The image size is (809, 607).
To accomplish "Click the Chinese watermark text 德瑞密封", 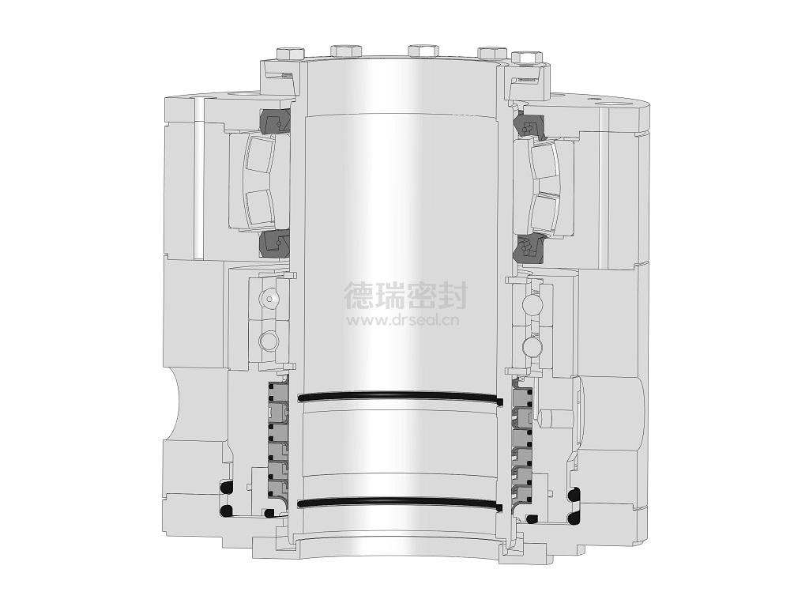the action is tap(405, 295).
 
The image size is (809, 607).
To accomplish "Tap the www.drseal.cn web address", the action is tap(403, 321).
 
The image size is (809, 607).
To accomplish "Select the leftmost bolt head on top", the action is tap(289, 53).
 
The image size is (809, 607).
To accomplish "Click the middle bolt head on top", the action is tap(423, 50).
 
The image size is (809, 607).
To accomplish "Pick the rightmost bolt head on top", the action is tap(528, 56).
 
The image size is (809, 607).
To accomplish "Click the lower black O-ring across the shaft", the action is tap(401, 502).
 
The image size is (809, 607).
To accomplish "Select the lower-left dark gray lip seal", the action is tap(273, 244).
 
